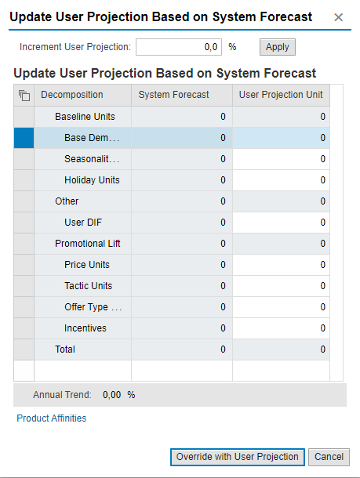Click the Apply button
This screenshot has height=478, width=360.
278,47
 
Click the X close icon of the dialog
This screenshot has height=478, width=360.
338,17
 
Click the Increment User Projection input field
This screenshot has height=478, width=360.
179,47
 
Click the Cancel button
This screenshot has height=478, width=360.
329,457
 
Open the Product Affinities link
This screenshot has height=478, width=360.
52,418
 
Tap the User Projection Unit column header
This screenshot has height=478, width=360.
281,95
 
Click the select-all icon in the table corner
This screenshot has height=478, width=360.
24,96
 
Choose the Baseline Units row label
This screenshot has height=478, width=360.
85,117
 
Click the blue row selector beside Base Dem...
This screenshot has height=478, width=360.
24,138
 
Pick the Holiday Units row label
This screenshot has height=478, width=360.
92,180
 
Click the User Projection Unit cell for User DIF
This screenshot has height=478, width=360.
281,223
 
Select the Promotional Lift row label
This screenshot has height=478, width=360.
88,244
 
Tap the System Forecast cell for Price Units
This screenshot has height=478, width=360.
182,265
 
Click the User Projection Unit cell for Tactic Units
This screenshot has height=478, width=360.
281,286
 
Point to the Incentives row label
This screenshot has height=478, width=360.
85,328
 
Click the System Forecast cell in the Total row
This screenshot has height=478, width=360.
182,349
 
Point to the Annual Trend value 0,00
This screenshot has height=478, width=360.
111,395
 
